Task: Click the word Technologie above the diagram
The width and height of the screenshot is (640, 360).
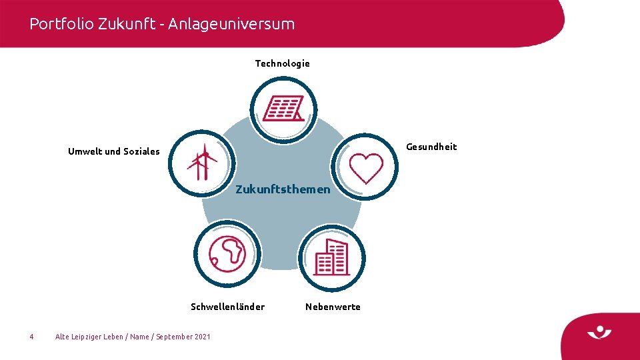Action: click(x=282, y=63)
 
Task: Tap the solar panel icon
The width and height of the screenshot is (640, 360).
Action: click(x=283, y=109)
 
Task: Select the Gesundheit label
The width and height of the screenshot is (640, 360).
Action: click(x=431, y=147)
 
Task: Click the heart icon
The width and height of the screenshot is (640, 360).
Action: click(x=366, y=168)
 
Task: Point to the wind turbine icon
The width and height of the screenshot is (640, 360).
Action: click(x=201, y=163)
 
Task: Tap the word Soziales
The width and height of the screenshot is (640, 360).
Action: click(x=141, y=151)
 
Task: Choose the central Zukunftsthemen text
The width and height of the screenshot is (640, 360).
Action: click(x=283, y=189)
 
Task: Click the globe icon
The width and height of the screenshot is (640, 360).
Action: click(x=227, y=253)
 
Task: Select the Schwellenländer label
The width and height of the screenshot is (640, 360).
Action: click(x=227, y=307)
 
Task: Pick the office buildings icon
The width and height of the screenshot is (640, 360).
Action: click(x=332, y=257)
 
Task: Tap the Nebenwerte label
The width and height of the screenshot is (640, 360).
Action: click(x=333, y=307)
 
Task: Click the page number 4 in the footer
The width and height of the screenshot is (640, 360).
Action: click(x=31, y=337)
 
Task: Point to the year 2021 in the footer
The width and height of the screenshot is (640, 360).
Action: click(x=202, y=337)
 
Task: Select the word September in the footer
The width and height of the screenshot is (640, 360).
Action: click(x=174, y=337)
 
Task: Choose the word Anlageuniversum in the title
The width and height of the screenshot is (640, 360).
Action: click(x=231, y=24)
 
